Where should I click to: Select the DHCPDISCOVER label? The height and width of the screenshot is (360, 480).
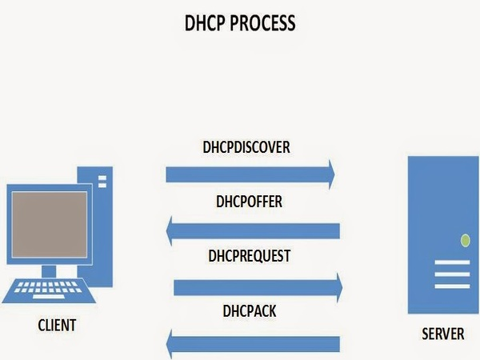tap(246, 148)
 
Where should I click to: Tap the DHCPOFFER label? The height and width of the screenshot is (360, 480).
tap(249, 202)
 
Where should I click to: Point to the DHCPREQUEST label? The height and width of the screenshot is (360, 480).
tap(249, 257)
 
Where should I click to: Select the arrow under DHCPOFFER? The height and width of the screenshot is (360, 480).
tap(256, 230)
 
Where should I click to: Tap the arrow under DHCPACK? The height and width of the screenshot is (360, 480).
tap(256, 343)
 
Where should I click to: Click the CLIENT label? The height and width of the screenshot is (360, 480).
tap(57, 325)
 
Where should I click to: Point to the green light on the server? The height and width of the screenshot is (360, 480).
tap(464, 239)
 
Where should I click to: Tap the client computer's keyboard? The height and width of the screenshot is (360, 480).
tap(48, 290)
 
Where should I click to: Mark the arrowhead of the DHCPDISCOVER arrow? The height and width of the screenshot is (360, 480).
tap(328, 173)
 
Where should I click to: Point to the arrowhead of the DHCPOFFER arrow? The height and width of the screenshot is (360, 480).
tap(173, 230)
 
